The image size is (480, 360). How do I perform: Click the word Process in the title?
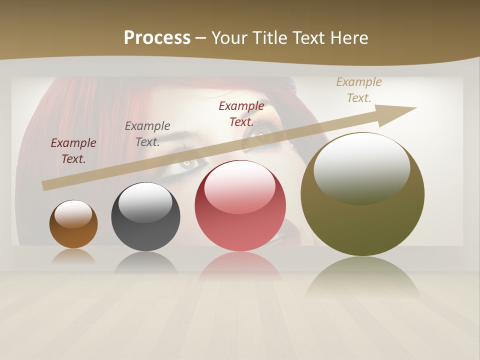[157, 38]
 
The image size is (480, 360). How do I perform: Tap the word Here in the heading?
[348, 38]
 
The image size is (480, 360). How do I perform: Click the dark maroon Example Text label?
[73, 150]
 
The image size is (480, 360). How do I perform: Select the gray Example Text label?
[147, 133]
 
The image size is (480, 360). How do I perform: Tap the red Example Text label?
[241, 113]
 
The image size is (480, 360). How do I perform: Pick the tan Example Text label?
[359, 89]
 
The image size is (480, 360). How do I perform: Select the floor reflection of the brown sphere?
[73, 257]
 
